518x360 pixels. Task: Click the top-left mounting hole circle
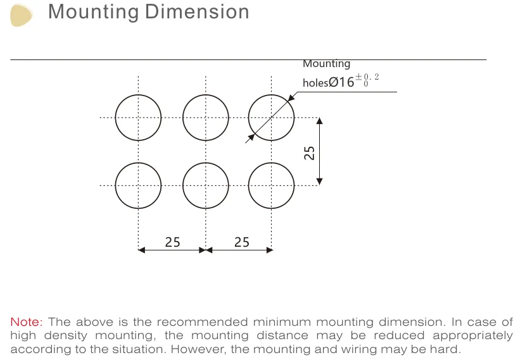point(138,118)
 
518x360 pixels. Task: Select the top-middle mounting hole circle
point(205,118)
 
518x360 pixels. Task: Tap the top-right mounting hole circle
point(271,118)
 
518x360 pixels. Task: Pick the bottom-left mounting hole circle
point(138,185)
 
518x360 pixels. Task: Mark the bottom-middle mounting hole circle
point(205,185)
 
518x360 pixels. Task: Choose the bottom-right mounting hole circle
point(271,185)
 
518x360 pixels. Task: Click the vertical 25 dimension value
point(310,152)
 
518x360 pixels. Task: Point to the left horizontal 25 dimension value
point(172,242)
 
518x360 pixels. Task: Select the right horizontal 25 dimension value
point(241,242)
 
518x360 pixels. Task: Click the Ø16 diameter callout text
point(341,82)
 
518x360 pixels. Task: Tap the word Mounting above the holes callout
point(326,64)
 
